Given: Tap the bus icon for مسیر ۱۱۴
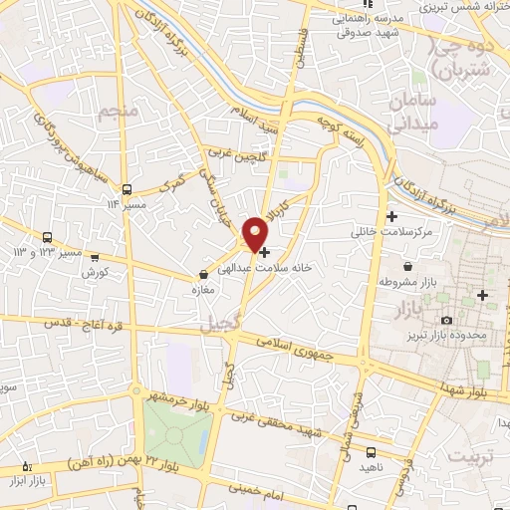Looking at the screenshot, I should click(127, 189).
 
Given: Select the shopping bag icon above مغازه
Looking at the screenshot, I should click(204, 273).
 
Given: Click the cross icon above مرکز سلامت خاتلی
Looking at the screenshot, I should click(392, 216).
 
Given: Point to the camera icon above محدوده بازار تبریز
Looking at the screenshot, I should click(446, 320).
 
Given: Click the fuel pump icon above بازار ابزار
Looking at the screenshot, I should click(27, 466).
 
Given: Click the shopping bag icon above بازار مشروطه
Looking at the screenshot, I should click(408, 267).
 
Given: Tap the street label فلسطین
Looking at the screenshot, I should click(297, 46).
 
